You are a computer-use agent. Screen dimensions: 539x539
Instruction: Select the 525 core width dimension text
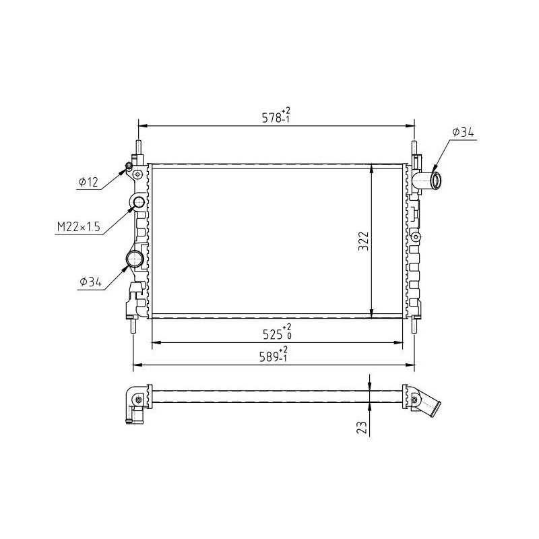[x=277, y=332]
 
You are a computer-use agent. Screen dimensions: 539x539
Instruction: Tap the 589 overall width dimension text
[x=274, y=355]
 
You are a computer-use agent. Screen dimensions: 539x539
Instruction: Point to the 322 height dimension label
[x=363, y=241]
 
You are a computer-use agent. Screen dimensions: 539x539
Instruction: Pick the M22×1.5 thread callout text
[x=78, y=226]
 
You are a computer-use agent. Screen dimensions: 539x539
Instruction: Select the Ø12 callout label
[x=88, y=182]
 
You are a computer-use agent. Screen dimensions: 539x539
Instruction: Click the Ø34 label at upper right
[x=463, y=132]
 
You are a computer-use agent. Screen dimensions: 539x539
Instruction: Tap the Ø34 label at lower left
[x=90, y=282]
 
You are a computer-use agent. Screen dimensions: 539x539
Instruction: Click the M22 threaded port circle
[x=139, y=203]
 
